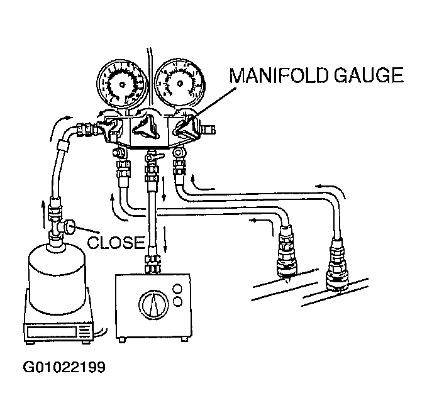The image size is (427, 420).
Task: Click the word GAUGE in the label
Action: (x=369, y=75)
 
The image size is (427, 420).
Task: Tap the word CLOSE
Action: (x=116, y=242)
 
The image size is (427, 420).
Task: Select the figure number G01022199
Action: (x=64, y=367)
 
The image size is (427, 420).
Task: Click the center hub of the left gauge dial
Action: (x=122, y=85)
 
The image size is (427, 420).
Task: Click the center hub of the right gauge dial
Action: (x=180, y=83)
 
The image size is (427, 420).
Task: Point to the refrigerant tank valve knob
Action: (x=70, y=228)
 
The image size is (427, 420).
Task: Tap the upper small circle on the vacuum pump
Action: (x=177, y=289)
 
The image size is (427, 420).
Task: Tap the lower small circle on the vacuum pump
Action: (x=177, y=301)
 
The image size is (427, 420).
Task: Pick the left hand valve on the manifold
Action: (x=109, y=128)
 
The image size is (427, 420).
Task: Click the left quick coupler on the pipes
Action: (x=286, y=251)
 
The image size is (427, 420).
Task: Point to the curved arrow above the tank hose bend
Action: (x=60, y=126)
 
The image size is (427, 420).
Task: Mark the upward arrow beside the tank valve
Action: (x=43, y=214)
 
